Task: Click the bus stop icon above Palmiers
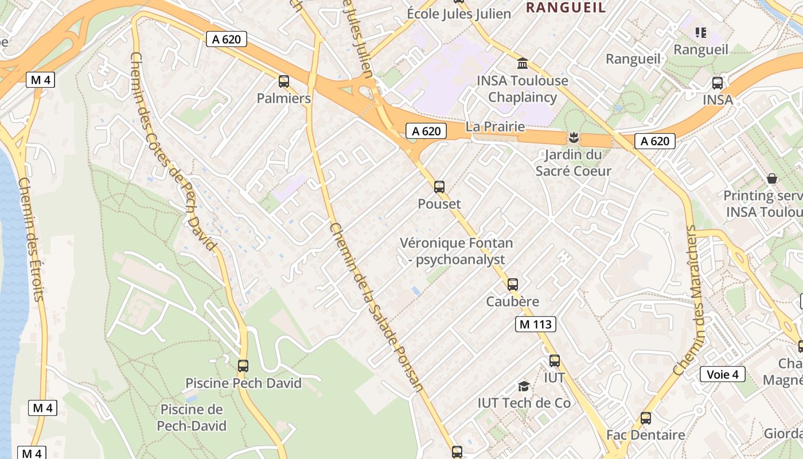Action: pyautogui.click(x=283, y=81)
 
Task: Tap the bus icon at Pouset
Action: pyautogui.click(x=439, y=186)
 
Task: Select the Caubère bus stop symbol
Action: pyautogui.click(x=513, y=284)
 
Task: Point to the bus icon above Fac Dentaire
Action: pyautogui.click(x=646, y=418)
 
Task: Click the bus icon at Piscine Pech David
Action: pyautogui.click(x=243, y=365)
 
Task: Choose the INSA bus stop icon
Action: pyautogui.click(x=718, y=83)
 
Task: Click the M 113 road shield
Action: pyautogui.click(x=535, y=324)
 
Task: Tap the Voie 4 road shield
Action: pyautogui.click(x=722, y=375)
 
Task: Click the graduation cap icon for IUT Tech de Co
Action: pyautogui.click(x=523, y=386)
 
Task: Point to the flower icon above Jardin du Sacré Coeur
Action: pyautogui.click(x=572, y=138)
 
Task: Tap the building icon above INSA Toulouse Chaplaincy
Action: pyautogui.click(x=523, y=63)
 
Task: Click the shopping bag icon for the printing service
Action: pyautogui.click(x=772, y=178)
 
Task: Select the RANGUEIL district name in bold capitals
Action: pyautogui.click(x=566, y=7)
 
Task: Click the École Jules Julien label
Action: pyautogui.click(x=458, y=14)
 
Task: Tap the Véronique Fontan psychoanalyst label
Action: pyautogui.click(x=457, y=251)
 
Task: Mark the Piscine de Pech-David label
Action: pyautogui.click(x=191, y=418)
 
